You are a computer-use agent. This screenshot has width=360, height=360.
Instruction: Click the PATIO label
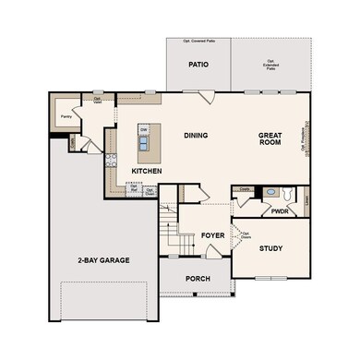click(198, 66)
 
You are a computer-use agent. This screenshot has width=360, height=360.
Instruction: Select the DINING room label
click(195, 136)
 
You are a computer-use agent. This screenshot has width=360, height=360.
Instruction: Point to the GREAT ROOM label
click(274, 140)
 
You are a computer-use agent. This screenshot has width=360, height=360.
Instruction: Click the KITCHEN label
click(148, 172)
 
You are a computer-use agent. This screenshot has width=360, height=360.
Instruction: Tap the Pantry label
click(66, 117)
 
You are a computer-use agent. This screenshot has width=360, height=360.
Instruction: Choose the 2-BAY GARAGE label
click(103, 260)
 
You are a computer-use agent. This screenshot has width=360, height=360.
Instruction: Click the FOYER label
click(213, 236)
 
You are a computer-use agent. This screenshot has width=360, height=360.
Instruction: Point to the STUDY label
click(270, 249)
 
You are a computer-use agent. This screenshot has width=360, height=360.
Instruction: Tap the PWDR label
click(281, 211)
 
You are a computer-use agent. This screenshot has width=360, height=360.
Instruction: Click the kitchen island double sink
click(145, 142)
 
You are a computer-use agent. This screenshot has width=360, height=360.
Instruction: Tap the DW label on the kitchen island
click(144, 129)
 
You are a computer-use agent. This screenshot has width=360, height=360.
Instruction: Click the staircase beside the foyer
click(166, 225)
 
